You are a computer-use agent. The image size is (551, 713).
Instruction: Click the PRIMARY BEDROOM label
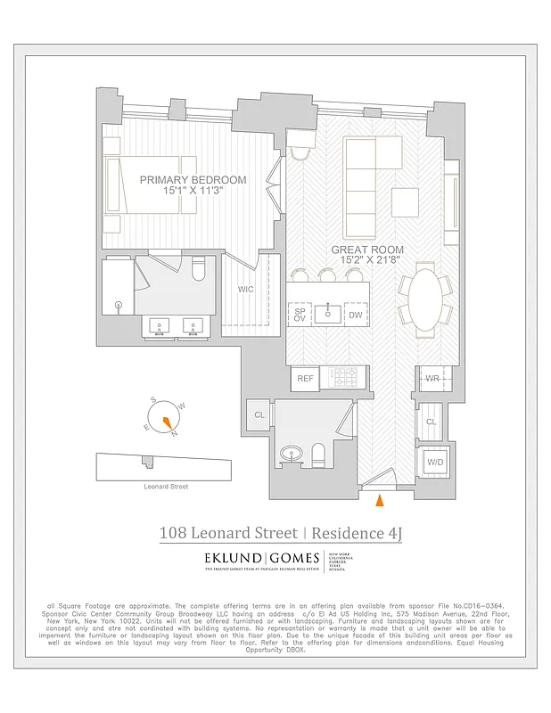(193, 179)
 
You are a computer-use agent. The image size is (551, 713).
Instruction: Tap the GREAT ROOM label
(368, 250)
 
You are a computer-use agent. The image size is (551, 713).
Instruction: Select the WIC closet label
(245, 290)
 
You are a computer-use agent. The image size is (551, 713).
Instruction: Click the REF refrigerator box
(306, 379)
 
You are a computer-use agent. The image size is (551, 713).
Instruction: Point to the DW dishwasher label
(355, 315)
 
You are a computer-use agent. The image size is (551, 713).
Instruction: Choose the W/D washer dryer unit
(434, 463)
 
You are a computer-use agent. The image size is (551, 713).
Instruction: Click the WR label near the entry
(432, 379)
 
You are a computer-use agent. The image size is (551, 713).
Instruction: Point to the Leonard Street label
(166, 487)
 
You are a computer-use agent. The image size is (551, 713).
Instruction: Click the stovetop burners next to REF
(342, 379)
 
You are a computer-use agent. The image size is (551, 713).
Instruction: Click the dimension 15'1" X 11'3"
(193, 191)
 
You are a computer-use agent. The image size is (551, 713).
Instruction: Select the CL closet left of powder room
(259, 415)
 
